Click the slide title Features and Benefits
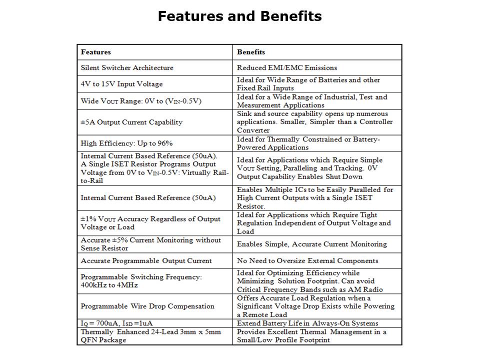[239, 16]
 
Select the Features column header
[96, 52]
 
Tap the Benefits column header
[251, 52]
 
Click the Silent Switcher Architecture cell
[127, 67]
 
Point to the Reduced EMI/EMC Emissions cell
[287, 67]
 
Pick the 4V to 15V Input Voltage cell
[121, 84]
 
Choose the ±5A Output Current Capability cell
[131, 122]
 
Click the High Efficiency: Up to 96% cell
[126, 143]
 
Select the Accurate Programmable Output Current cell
[146, 260]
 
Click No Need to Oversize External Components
[307, 260]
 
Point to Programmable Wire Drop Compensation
[147, 306]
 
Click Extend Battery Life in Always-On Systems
[307, 323]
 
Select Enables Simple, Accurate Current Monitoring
[312, 244]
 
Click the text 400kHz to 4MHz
[109, 285]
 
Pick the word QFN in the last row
[88, 340]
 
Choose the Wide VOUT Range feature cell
[141, 101]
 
